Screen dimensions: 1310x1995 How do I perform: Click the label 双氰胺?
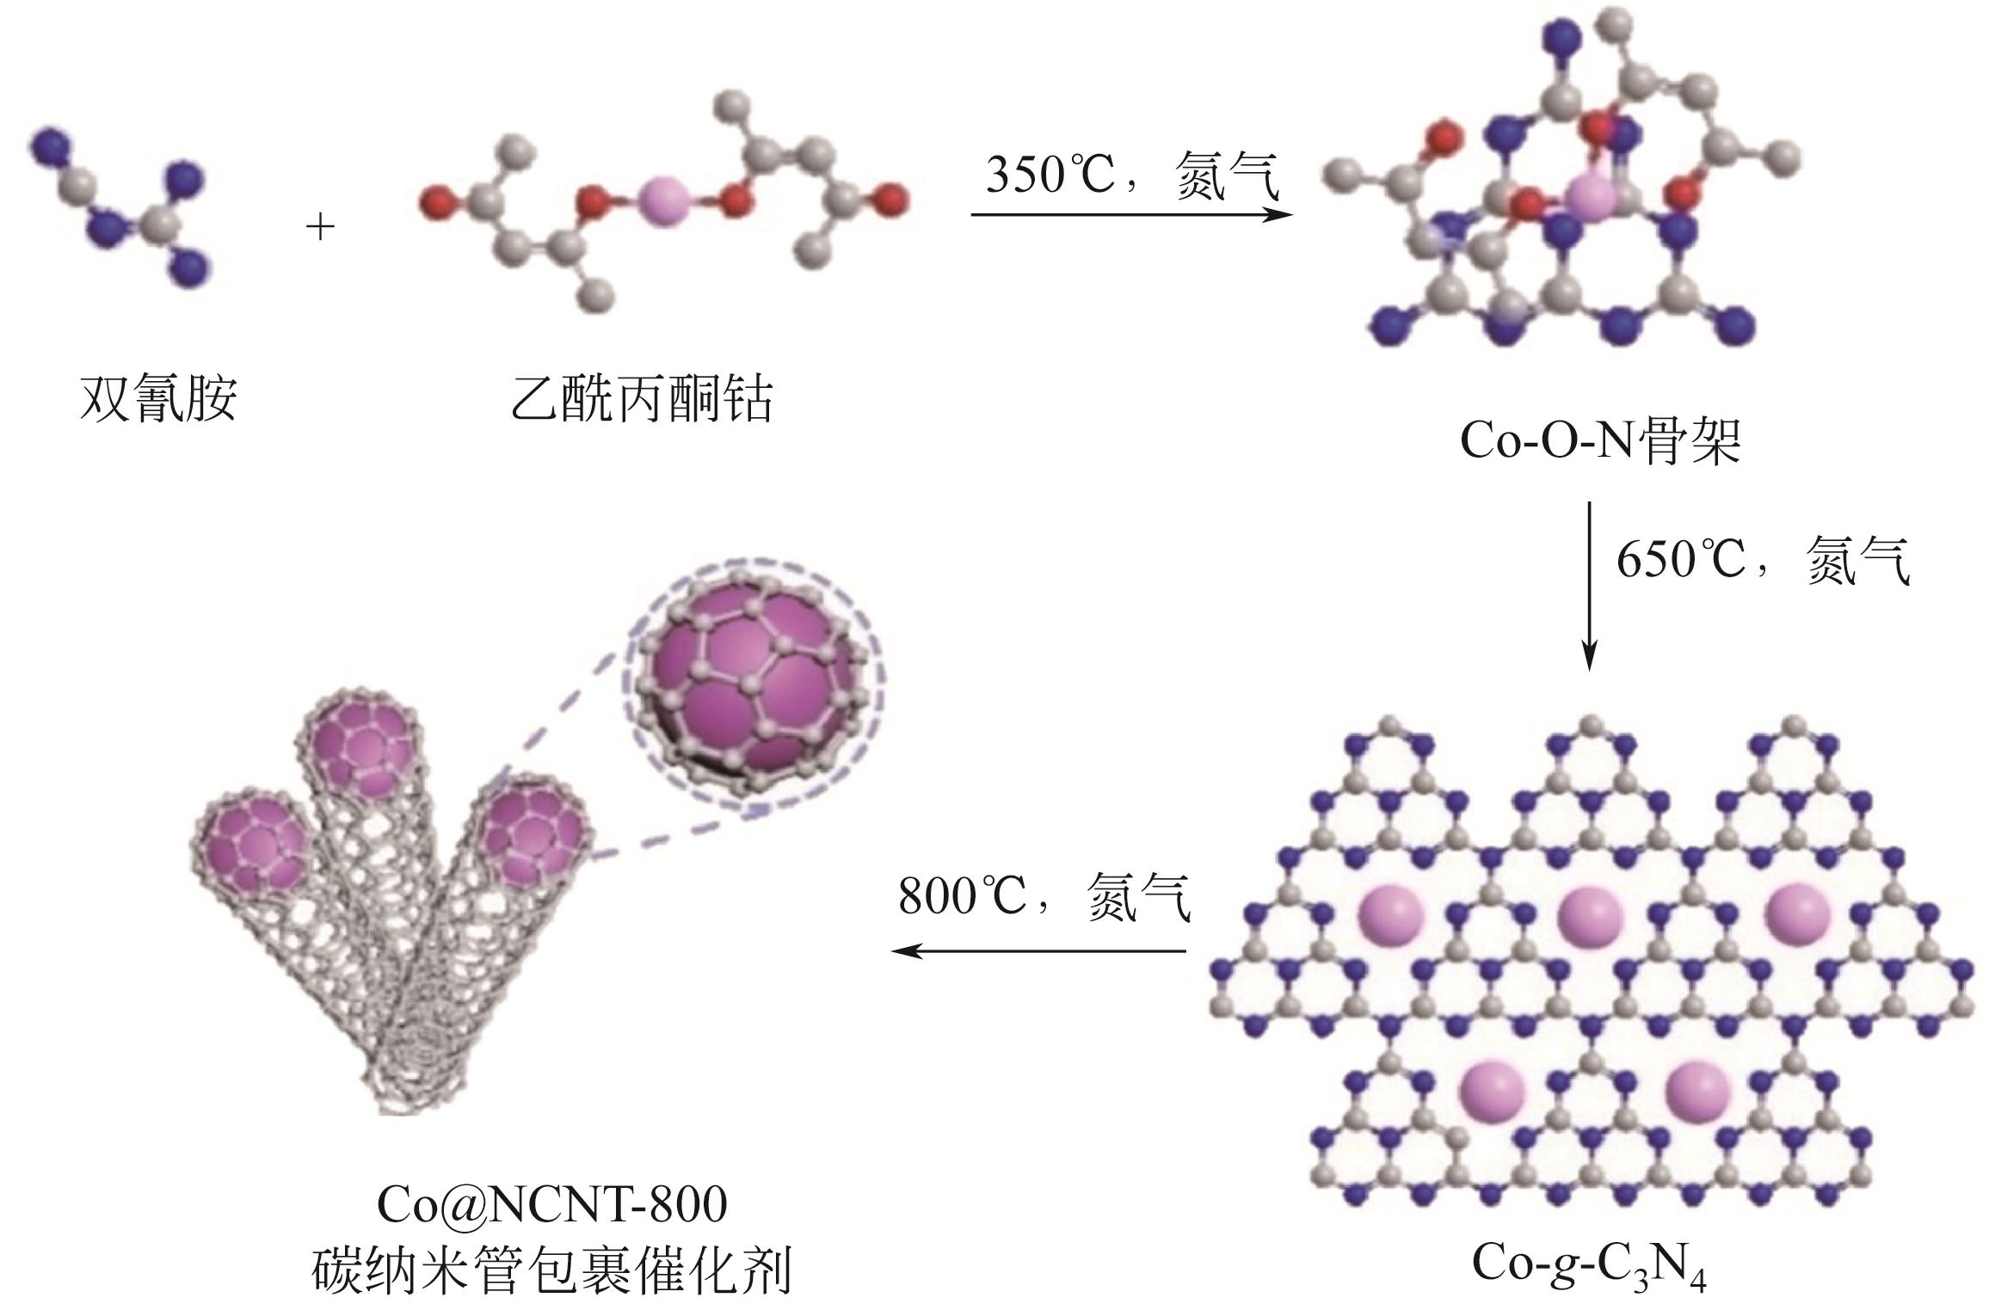(x=158, y=398)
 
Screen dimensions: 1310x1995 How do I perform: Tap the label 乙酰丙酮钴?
(x=642, y=398)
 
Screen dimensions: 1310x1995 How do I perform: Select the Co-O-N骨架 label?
(x=1600, y=441)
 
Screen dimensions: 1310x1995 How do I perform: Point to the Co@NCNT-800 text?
(x=551, y=1205)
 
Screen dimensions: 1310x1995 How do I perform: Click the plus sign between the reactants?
(x=320, y=228)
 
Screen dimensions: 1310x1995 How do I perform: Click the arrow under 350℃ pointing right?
(x=1132, y=214)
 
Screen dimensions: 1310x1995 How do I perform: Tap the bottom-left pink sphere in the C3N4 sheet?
(x=1492, y=1087)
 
